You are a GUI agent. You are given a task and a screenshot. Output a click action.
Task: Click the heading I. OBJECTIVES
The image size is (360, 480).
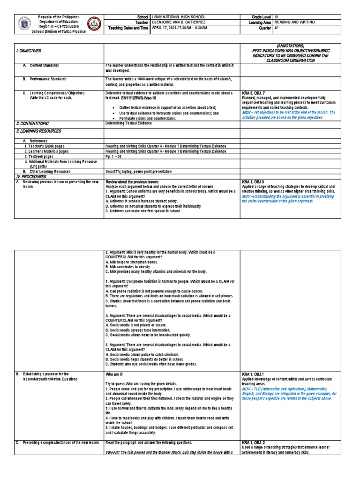click(28, 50)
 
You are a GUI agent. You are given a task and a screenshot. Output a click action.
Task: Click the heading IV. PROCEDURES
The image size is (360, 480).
click(31, 176)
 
